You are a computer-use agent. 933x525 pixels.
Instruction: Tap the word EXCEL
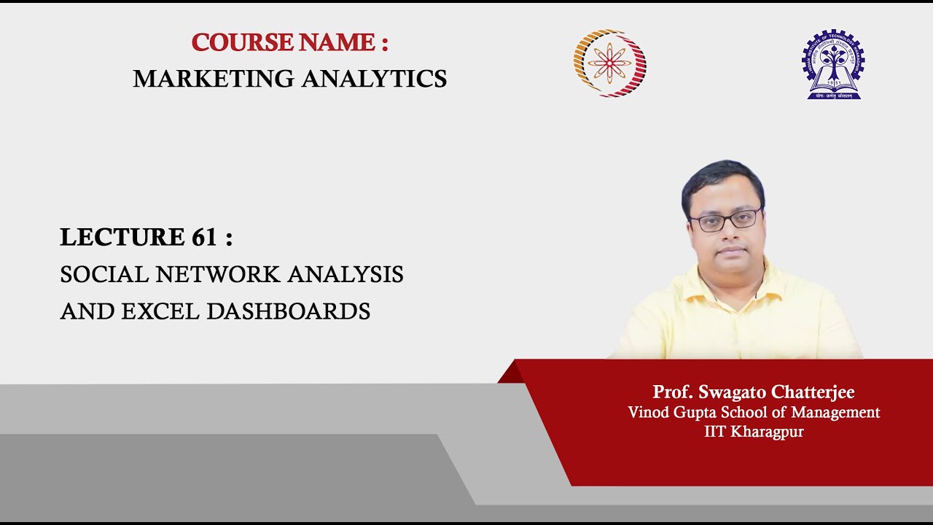pos(160,311)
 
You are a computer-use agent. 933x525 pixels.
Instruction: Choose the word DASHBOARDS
pos(289,311)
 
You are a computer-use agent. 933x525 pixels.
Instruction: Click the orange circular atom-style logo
pos(609,63)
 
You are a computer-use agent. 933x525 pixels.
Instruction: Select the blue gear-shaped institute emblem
pos(833,63)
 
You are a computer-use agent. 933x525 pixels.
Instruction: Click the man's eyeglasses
pos(725,219)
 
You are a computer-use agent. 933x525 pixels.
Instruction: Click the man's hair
pos(722,179)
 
